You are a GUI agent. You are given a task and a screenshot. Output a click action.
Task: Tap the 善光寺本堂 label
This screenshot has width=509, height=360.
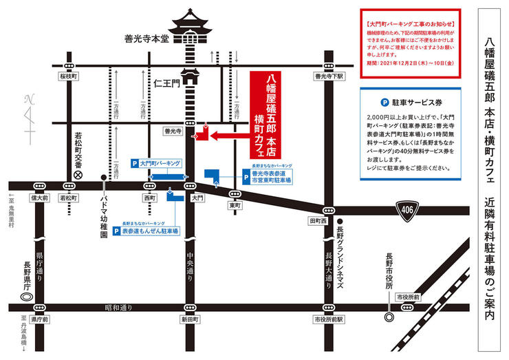(x=145, y=39)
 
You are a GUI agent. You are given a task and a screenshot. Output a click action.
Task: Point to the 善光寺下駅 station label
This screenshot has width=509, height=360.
(x=329, y=77)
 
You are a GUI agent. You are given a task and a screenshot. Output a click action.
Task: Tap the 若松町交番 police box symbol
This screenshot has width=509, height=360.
(x=78, y=175)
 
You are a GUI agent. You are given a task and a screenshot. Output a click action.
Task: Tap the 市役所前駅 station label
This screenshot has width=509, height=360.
(x=328, y=319)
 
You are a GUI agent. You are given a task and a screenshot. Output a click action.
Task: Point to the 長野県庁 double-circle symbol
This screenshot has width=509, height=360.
(x=28, y=297)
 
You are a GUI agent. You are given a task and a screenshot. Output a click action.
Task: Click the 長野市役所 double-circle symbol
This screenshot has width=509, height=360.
(x=389, y=317)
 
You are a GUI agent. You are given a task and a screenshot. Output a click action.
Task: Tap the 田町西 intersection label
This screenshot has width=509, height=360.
(x=316, y=220)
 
